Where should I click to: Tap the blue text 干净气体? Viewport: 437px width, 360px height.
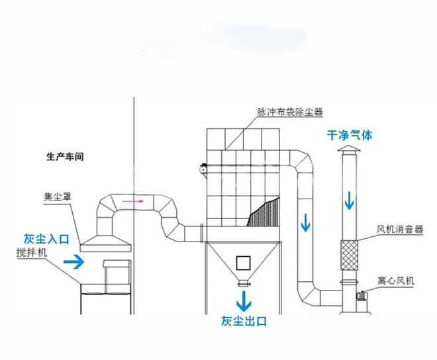pyautogui.click(x=350, y=135)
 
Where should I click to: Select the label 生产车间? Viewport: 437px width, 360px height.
pyautogui.click(x=65, y=157)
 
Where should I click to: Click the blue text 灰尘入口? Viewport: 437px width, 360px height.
pyautogui.click(x=46, y=238)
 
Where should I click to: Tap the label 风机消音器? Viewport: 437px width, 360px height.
pyautogui.click(x=399, y=230)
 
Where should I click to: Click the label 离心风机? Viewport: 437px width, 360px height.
pyautogui.click(x=396, y=281)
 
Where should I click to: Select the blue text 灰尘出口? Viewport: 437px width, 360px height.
pyautogui.click(x=244, y=322)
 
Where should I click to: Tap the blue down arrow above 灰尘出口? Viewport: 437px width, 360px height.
pyautogui.click(x=244, y=302)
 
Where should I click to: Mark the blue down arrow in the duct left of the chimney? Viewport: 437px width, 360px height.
pyautogui.click(x=305, y=223)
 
